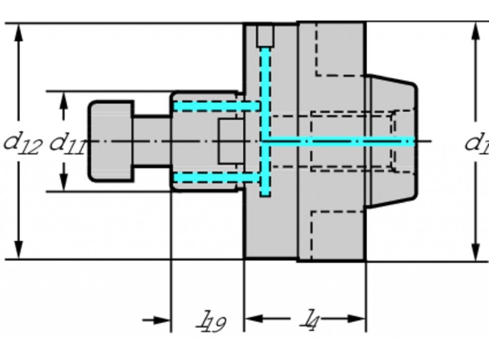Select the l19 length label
coord(212,322)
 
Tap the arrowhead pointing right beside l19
coord(161,320)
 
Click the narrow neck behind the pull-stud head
coord(152,141)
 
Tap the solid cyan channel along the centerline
coord(337,142)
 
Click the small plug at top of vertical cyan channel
coord(266,35)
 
